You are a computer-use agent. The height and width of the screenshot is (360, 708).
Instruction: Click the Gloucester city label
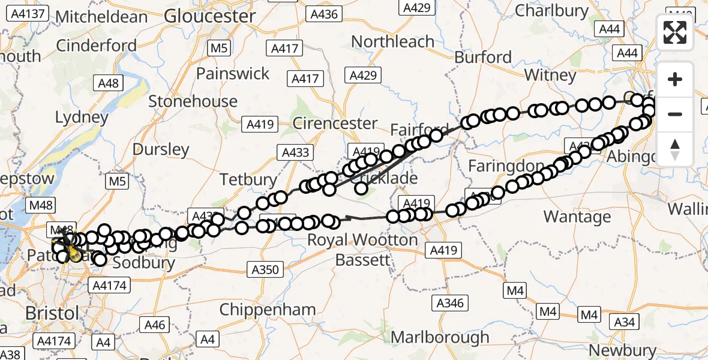(x=209, y=16)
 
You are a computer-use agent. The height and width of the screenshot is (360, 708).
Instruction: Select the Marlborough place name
(x=440, y=337)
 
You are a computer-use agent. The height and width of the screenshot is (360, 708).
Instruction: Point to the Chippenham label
(x=268, y=310)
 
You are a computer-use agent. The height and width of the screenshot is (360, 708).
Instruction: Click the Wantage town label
(x=577, y=216)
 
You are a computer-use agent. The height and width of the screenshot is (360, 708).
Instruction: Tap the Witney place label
(x=550, y=75)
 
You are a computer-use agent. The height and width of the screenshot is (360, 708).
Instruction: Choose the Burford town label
(x=483, y=57)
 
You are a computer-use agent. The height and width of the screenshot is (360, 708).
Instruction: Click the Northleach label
(x=393, y=41)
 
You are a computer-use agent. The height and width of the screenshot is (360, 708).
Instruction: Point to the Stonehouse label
(x=193, y=101)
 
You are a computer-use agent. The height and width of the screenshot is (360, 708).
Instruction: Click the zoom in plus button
(x=675, y=79)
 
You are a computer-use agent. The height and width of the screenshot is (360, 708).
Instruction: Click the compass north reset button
(x=675, y=149)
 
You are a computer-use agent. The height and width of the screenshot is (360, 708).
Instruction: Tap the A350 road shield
(x=265, y=269)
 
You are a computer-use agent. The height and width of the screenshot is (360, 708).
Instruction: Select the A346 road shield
(x=450, y=303)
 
